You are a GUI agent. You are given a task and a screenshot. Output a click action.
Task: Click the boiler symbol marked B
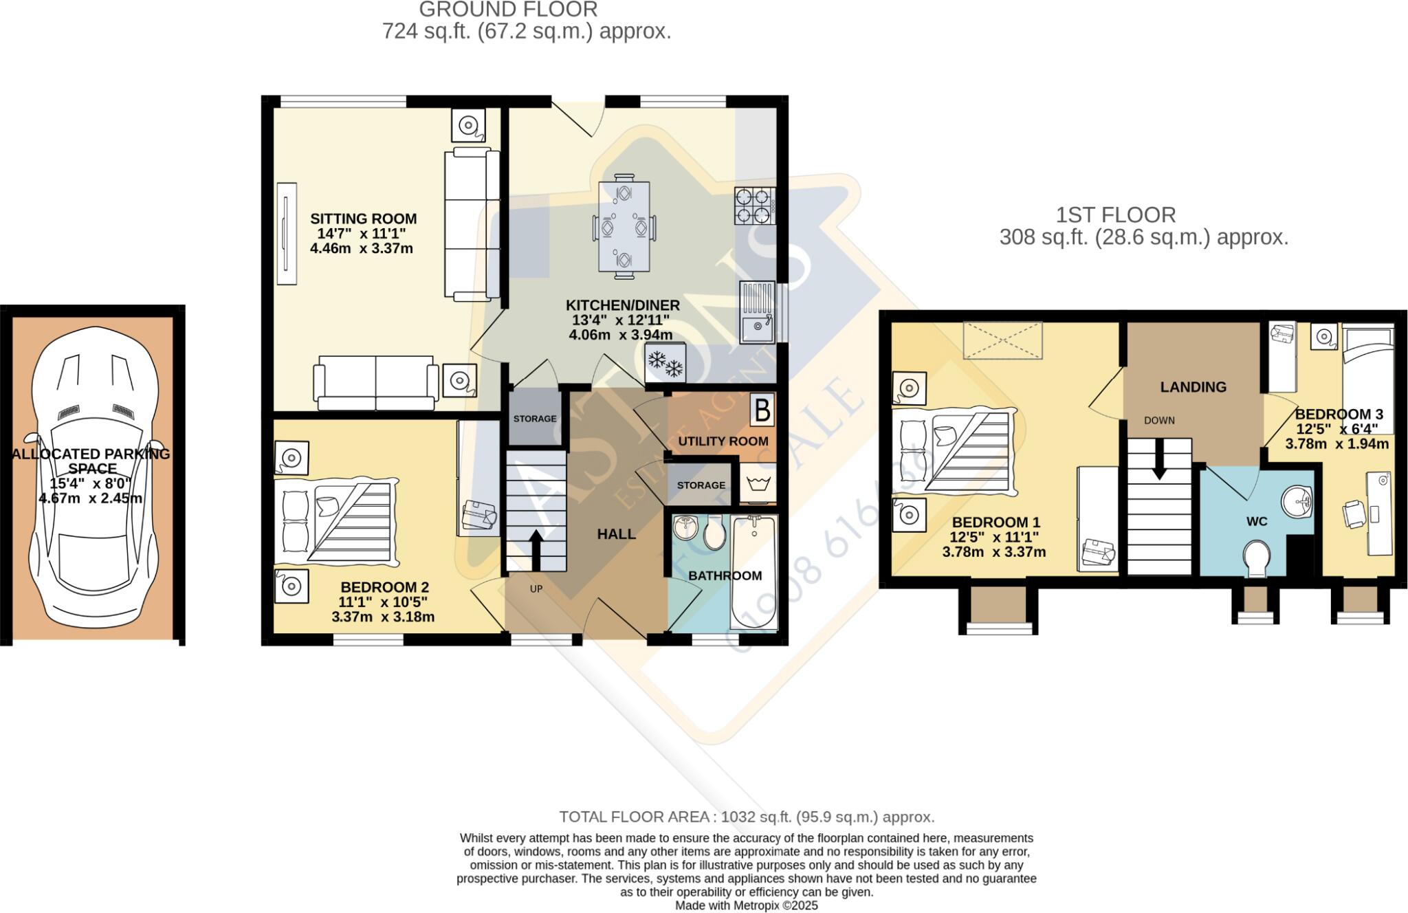(762, 410)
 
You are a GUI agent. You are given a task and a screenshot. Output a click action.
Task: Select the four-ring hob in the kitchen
(754, 206)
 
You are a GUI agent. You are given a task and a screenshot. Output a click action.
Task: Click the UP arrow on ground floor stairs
(535, 550)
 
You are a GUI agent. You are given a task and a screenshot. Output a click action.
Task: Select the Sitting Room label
(363, 219)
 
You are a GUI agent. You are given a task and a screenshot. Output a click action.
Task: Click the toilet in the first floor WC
(1257, 558)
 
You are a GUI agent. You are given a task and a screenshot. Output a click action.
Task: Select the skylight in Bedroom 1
(1002, 340)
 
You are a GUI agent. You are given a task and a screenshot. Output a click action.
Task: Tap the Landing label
(1193, 387)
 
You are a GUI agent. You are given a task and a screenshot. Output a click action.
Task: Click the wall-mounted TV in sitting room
(286, 234)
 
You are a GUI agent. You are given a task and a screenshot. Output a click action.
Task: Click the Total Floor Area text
(746, 817)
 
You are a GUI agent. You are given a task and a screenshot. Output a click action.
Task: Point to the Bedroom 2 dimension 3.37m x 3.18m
(383, 617)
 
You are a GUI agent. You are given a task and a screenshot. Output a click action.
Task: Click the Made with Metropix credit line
(746, 905)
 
